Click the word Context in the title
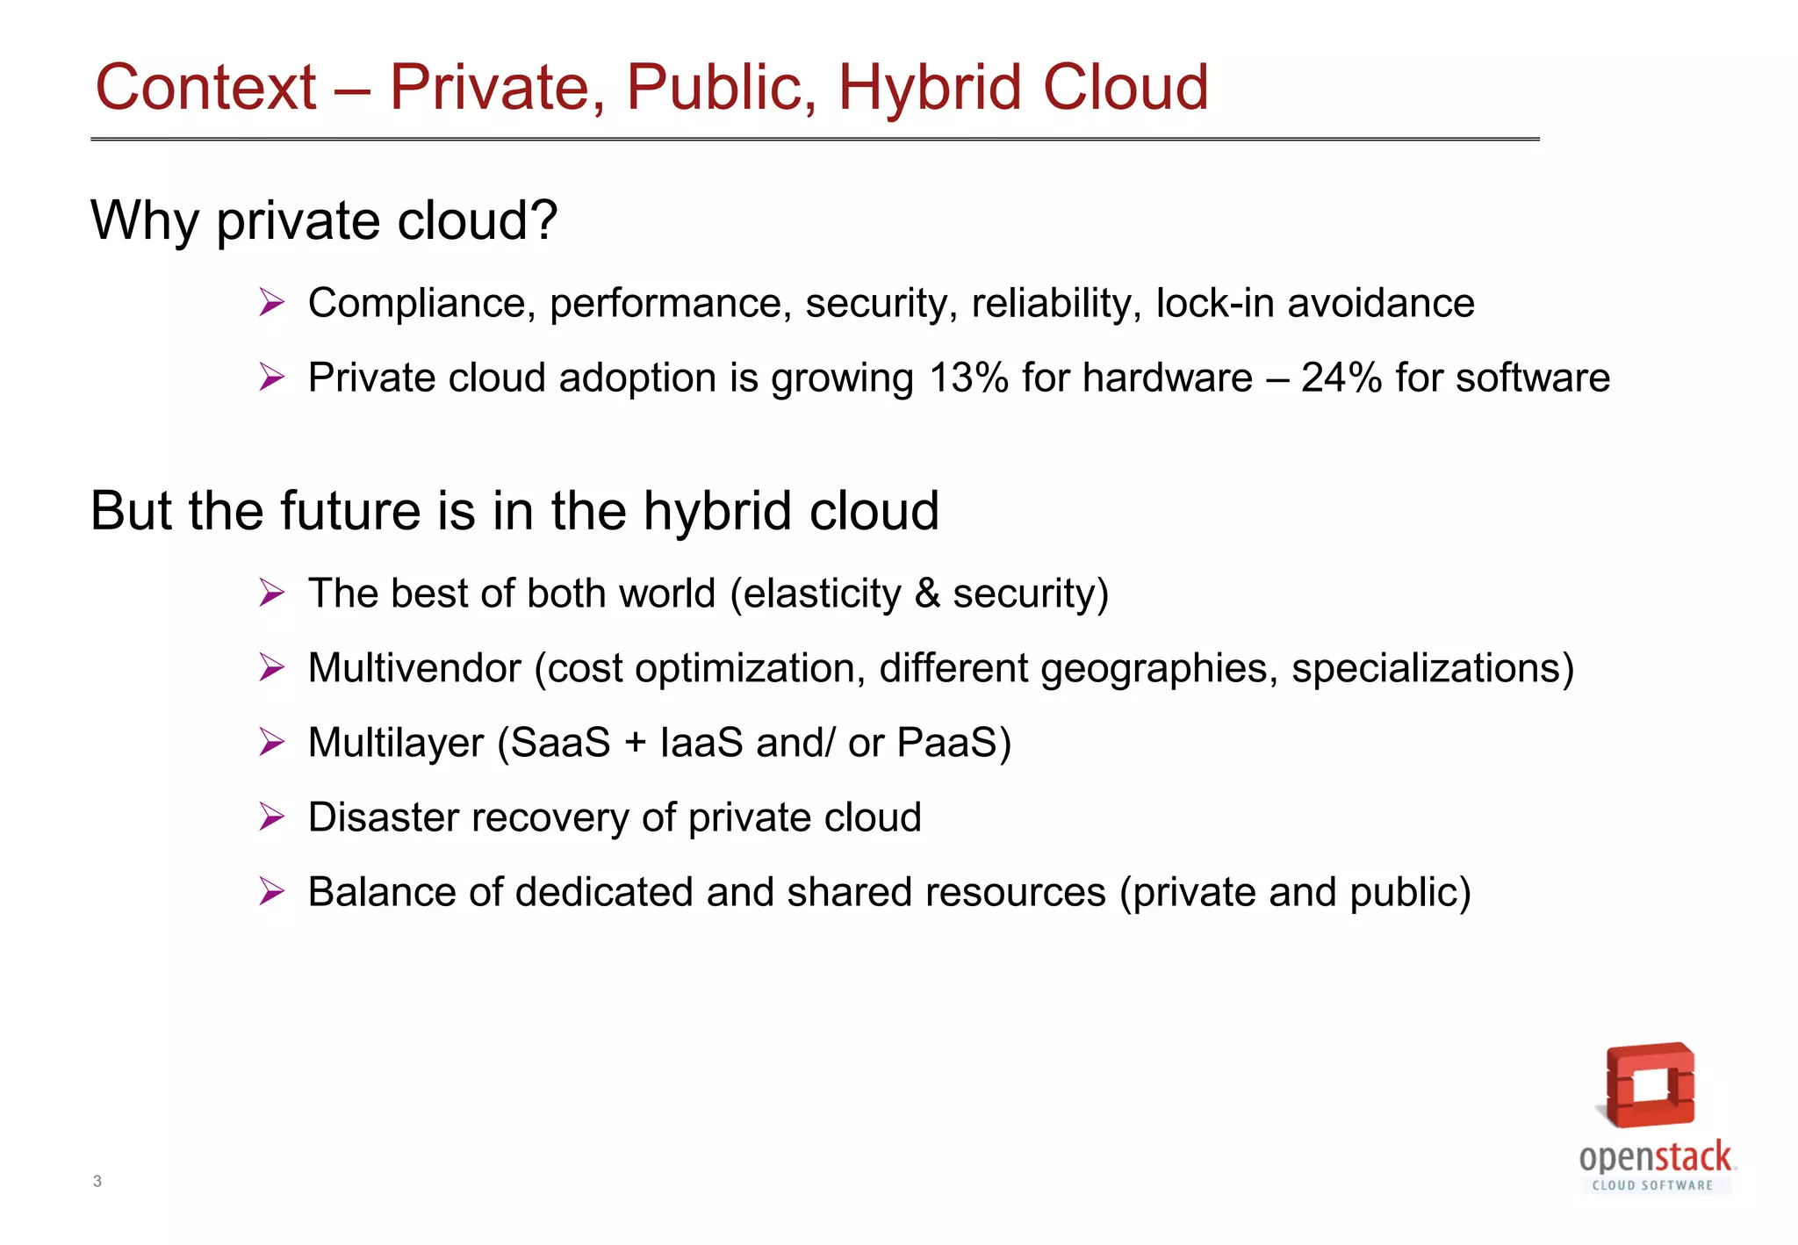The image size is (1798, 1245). (x=205, y=88)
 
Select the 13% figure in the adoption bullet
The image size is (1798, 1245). (x=967, y=378)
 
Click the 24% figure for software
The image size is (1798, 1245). (x=1341, y=378)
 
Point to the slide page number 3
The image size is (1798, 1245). (x=97, y=1181)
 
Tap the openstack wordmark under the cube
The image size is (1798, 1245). (x=1655, y=1157)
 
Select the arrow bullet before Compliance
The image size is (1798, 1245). (x=272, y=303)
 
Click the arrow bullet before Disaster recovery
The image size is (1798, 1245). (x=272, y=817)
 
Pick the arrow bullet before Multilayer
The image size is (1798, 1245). (x=272, y=743)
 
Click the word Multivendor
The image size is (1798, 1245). (x=414, y=668)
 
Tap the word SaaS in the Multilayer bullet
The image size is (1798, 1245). (x=560, y=743)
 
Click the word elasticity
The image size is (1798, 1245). (x=822, y=594)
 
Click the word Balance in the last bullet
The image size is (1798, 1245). (x=382, y=892)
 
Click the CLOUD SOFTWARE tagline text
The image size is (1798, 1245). (x=1652, y=1185)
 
